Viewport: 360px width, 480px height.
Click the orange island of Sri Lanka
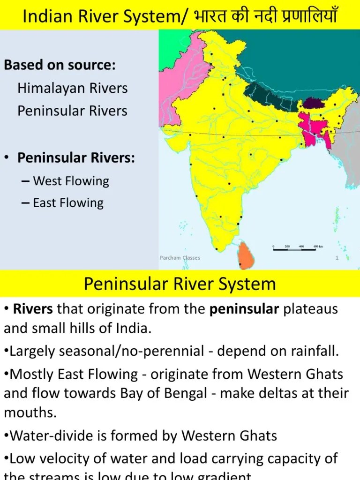246,255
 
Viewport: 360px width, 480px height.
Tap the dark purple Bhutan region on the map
310,103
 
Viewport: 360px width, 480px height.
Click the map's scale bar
297,249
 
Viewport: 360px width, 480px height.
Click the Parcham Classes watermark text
180,258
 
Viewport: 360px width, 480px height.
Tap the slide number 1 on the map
337,257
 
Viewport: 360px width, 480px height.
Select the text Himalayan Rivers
73,88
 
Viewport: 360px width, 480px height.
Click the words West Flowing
71,181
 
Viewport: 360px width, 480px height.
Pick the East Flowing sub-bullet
68,203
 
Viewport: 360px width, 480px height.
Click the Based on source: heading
60,65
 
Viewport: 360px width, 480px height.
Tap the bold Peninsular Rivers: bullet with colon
76,158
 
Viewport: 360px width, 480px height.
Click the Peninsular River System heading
180,284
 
